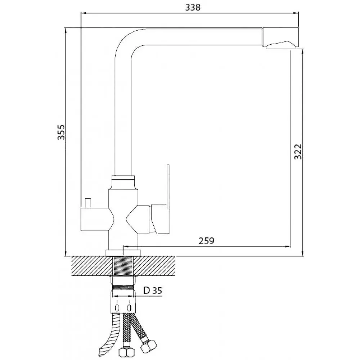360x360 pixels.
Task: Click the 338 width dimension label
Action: pyautogui.click(x=193, y=7)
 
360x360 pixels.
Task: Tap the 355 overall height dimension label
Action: pyautogui.click(x=61, y=132)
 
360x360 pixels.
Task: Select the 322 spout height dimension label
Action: pyautogui.click(x=298, y=152)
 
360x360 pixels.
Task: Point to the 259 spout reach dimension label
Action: pyautogui.click(x=206, y=241)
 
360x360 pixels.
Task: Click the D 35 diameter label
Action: pyautogui.click(x=153, y=291)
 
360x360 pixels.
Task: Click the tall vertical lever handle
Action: pyautogui.click(x=168, y=199)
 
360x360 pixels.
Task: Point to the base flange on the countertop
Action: pyautogui.click(x=123, y=253)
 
